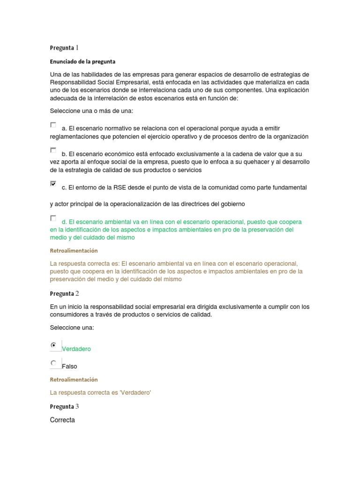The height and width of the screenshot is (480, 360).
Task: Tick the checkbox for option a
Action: point(53,125)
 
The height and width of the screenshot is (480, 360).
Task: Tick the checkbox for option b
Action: point(53,150)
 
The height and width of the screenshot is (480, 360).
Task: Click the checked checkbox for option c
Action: point(53,184)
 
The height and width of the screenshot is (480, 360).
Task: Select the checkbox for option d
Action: point(53,218)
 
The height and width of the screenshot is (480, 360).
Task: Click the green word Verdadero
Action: point(76,349)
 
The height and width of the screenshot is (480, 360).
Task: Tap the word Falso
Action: point(70,367)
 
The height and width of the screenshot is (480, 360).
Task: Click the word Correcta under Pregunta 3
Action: point(62,420)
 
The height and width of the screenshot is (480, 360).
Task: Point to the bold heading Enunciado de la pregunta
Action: point(82,61)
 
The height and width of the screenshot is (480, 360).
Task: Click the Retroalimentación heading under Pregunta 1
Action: point(74,251)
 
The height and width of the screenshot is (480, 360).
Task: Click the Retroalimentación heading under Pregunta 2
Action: point(74,380)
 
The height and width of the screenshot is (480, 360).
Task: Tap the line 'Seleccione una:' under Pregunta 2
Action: point(72,328)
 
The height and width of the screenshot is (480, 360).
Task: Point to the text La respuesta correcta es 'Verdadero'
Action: point(100,393)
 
